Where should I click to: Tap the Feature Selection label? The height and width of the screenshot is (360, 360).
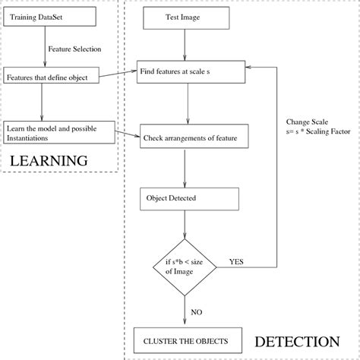74,49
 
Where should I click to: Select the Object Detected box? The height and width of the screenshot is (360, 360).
190,200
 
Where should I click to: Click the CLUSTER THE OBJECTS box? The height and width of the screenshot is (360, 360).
185,339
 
